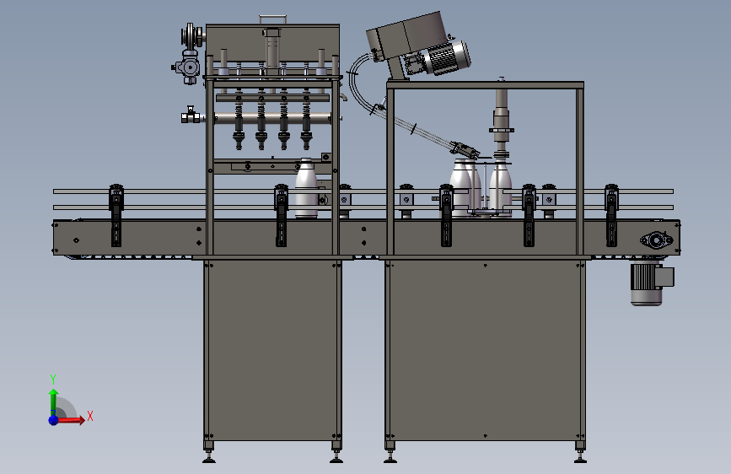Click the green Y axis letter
53,380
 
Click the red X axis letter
90,416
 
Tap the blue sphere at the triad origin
54,420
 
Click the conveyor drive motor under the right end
651,283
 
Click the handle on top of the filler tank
272,19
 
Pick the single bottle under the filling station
306,188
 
